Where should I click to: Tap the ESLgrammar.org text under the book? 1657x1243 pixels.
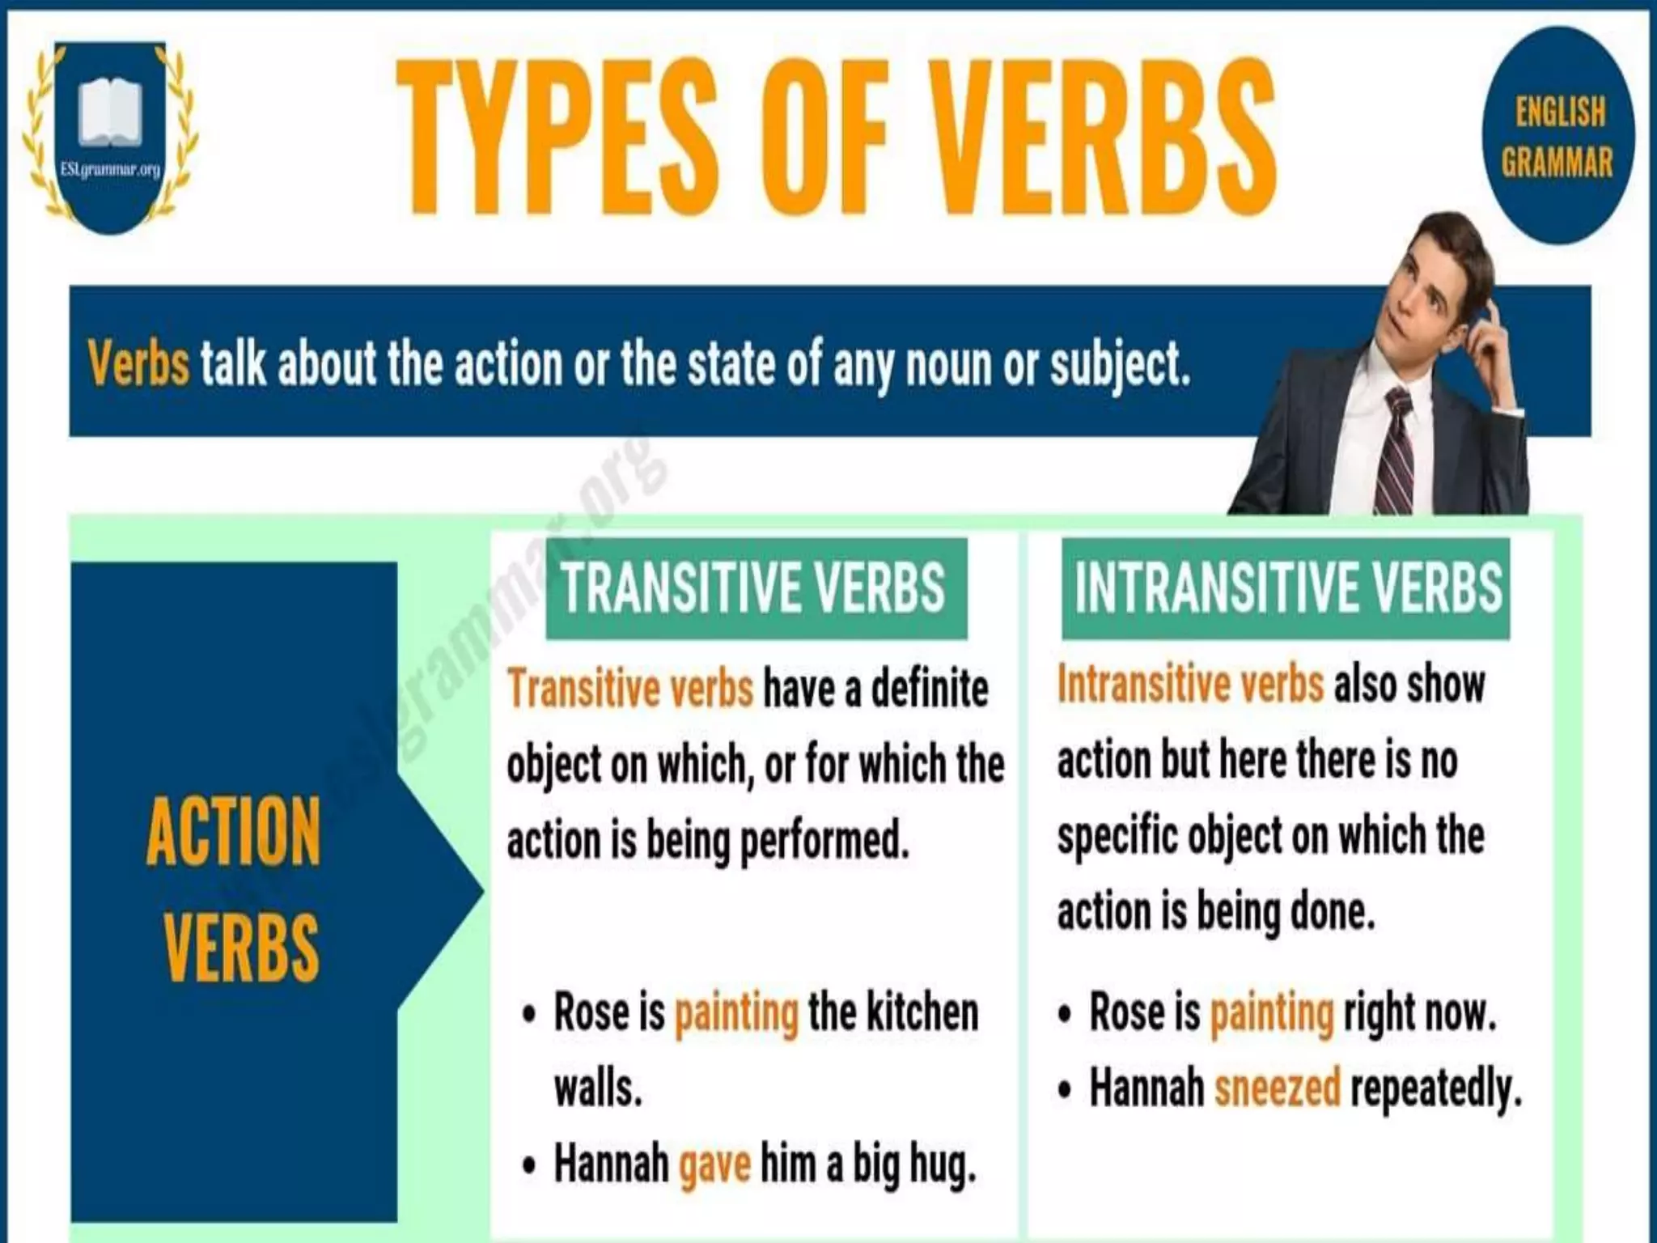[110, 170]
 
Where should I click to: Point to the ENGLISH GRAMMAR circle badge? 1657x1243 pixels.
[1557, 136]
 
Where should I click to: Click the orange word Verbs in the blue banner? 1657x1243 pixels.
[138, 363]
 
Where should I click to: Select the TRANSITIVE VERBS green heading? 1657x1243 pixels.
[756, 588]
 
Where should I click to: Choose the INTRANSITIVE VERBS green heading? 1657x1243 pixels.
[1286, 588]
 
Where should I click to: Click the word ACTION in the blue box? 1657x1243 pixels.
[234, 831]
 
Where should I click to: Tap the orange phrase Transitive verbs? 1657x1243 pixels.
[629, 689]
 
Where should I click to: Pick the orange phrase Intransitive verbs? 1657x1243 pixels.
[1190, 684]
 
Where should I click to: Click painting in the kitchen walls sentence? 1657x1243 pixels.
[736, 1012]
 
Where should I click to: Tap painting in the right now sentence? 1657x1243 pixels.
[1271, 1012]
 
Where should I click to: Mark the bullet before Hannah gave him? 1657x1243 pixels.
[529, 1166]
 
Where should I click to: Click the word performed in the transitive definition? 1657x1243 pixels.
[824, 841]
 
